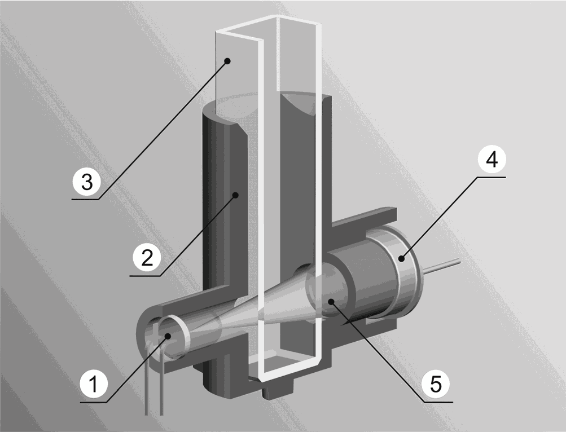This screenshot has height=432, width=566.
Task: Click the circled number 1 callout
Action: (x=94, y=384)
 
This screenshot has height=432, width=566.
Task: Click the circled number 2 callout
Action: (x=147, y=257)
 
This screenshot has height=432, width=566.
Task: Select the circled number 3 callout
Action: (x=87, y=181)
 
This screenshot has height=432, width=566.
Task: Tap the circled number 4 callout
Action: (x=492, y=159)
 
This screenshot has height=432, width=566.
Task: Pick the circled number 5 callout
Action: (x=436, y=383)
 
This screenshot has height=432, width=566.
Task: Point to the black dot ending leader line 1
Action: (x=168, y=336)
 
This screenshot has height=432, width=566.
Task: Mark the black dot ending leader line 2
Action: (x=236, y=195)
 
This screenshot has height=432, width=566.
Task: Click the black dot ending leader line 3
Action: (x=227, y=61)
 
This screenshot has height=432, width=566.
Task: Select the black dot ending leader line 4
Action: (x=401, y=258)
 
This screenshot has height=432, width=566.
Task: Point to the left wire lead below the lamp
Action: (x=146, y=382)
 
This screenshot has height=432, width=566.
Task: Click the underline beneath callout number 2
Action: (x=145, y=276)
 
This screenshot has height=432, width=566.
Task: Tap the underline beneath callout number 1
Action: (x=94, y=402)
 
